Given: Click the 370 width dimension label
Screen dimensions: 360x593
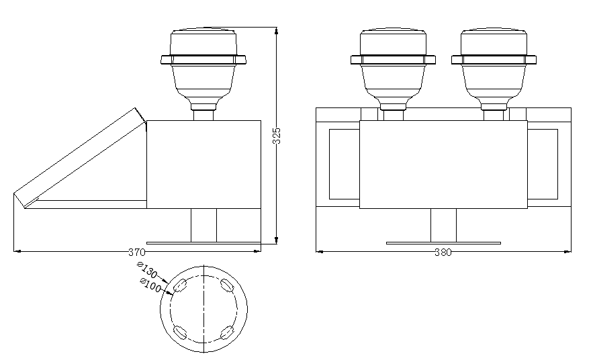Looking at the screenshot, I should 136,253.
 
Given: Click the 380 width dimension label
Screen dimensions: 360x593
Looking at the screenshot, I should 443,253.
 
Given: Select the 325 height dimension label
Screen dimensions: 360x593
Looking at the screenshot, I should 276,136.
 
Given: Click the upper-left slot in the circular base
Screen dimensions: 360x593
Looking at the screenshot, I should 180,287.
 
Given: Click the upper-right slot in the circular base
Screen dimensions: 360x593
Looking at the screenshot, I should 227,287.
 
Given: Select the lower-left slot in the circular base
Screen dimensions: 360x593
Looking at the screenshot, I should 180,332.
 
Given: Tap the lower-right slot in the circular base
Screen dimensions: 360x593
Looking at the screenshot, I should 227,332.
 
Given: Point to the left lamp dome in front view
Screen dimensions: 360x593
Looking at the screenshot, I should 393,42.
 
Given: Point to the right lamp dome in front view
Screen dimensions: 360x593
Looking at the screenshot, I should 494,42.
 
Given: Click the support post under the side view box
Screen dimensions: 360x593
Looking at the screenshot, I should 203,225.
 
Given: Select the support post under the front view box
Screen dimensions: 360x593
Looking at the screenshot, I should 443,225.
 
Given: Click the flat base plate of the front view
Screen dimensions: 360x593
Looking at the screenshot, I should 443,242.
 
